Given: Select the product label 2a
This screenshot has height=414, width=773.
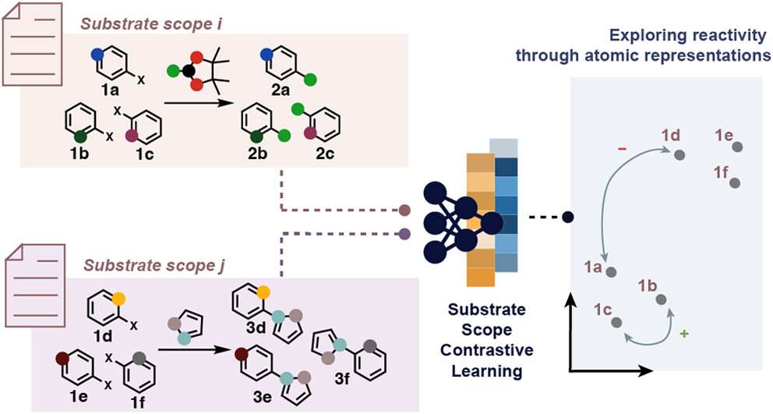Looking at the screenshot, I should (273, 91).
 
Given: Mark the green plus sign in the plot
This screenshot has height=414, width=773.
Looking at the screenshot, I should (684, 334).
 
